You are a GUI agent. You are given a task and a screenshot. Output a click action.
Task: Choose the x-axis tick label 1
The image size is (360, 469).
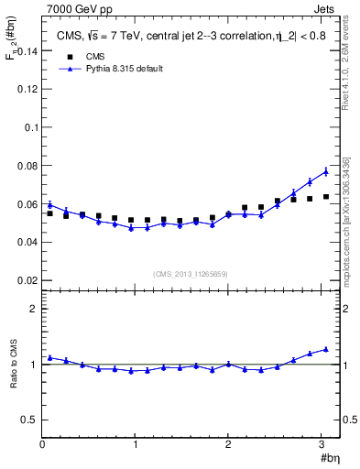(136, 444)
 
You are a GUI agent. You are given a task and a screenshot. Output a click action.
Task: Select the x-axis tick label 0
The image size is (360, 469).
(42, 444)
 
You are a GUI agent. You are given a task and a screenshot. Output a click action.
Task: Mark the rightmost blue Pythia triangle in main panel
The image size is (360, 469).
(325, 171)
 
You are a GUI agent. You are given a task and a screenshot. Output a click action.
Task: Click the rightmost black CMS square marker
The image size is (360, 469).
(325, 196)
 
